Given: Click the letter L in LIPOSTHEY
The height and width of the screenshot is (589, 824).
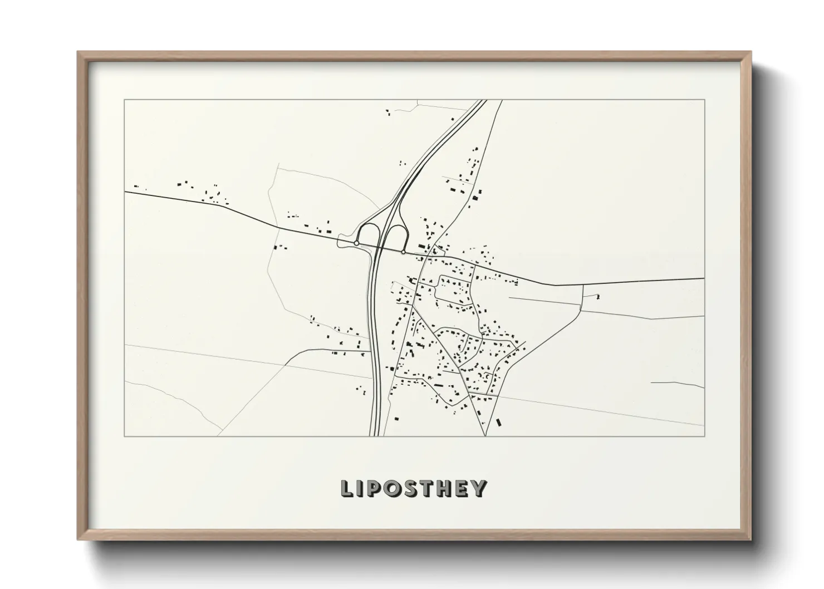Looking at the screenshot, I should pos(347,488).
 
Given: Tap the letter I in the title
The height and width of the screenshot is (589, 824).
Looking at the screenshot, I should pos(361,488).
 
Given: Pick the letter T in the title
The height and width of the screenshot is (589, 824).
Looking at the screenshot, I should pos(429,488).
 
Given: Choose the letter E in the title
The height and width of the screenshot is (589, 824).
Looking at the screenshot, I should pos(463,488).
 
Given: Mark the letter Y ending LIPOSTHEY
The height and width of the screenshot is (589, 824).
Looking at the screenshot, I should pos(479,488).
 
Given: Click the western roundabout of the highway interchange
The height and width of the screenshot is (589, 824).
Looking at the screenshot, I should pos(356,243).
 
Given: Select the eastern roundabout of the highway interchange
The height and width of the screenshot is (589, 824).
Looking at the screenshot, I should pos(403,252).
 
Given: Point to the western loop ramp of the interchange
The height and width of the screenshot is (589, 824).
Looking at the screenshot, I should pos(367,233).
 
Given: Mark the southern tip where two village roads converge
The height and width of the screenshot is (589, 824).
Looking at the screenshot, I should pos(485,435).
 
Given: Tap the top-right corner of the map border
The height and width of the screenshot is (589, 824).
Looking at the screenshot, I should pos(704,100).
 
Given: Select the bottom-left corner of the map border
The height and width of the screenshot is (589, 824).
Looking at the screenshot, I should pos(125,436).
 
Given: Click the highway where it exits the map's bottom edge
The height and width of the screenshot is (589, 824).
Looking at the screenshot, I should pos(375,435).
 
